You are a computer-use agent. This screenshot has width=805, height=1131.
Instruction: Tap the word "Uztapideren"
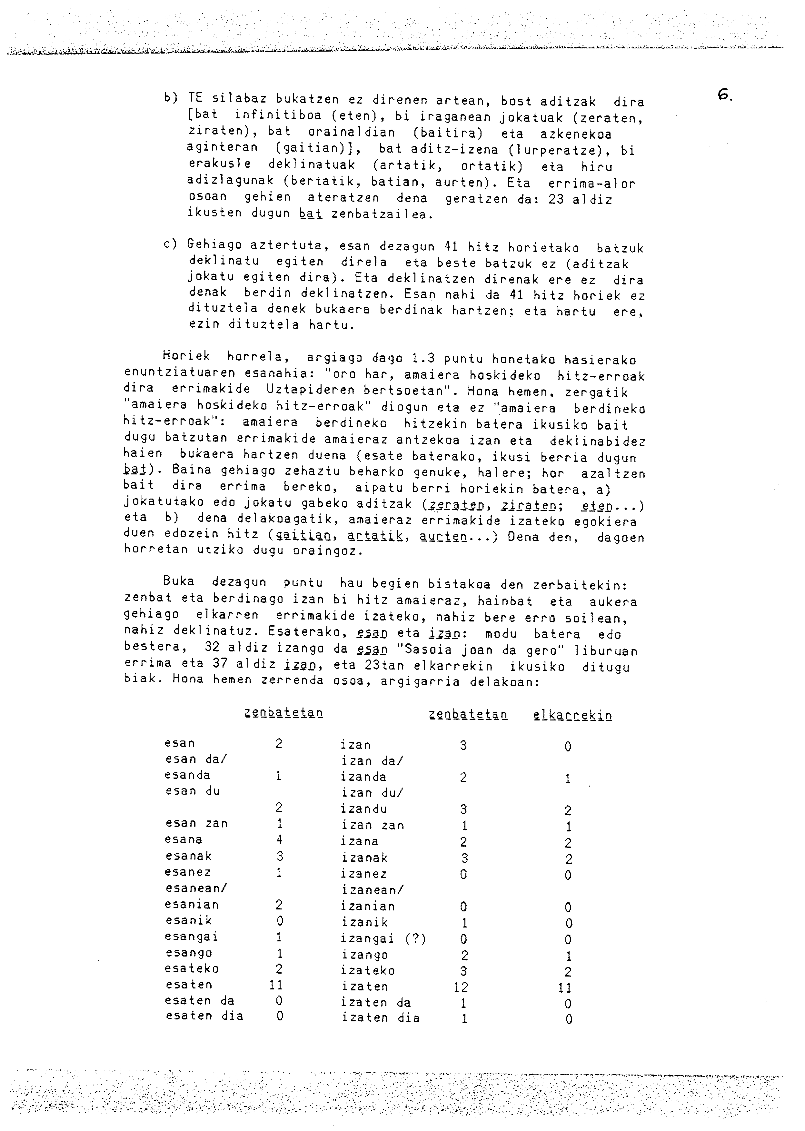301,391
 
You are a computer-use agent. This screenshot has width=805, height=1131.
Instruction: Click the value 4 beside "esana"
279,839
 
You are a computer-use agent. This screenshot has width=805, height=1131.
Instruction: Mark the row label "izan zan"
373,825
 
